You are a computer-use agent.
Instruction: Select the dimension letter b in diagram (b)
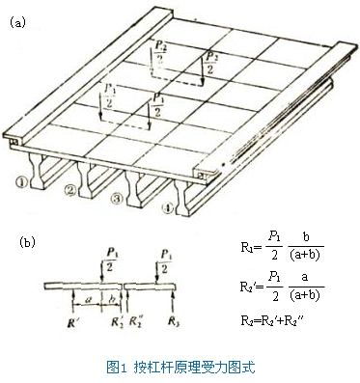(x=113, y=300)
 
